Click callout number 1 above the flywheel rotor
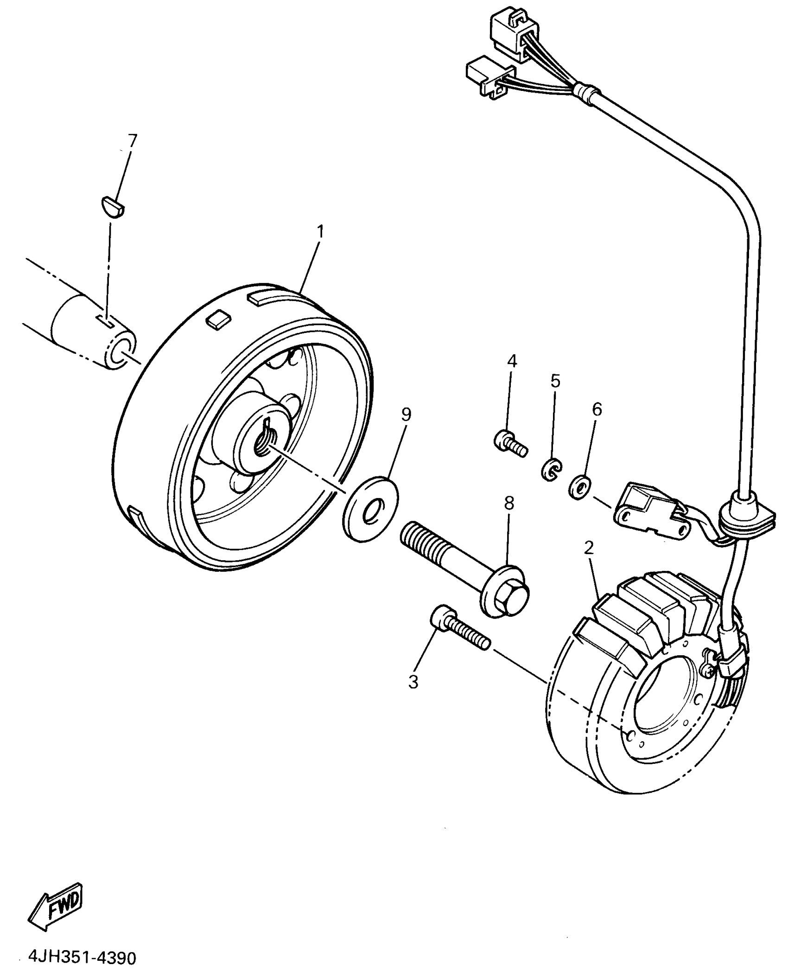point(320,232)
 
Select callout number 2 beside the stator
point(589,549)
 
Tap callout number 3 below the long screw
point(413,682)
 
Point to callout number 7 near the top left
point(132,140)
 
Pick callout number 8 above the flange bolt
point(509,503)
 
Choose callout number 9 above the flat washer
point(406,415)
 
